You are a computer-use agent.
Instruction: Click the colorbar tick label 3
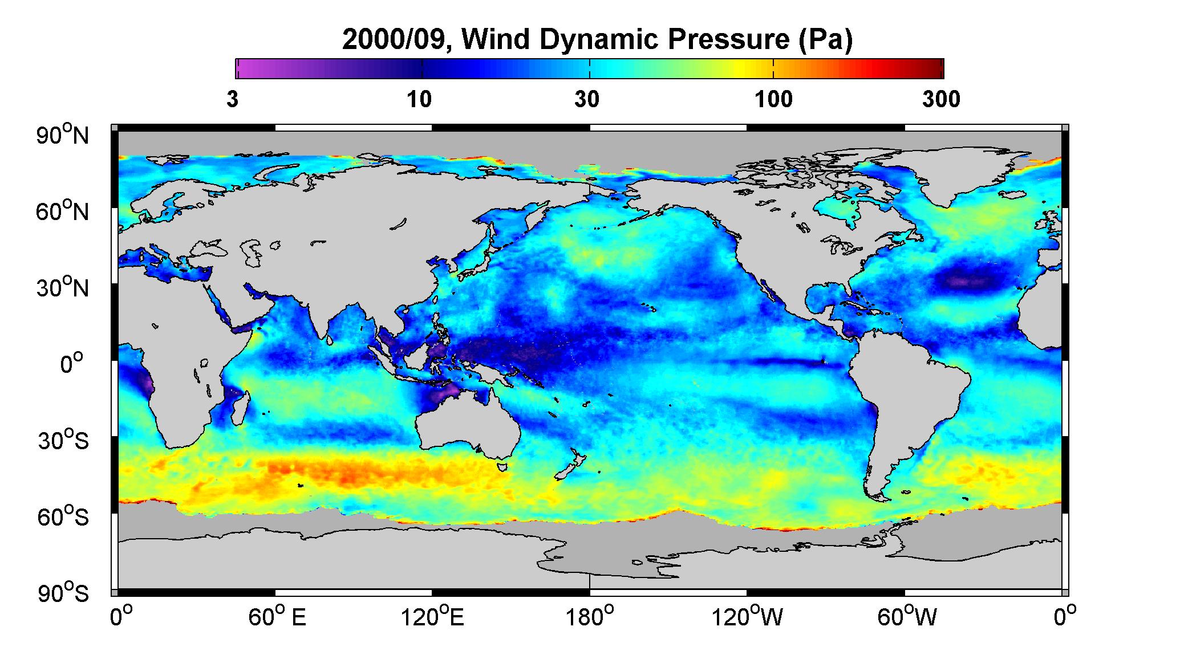point(232,99)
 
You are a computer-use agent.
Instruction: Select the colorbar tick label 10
point(419,99)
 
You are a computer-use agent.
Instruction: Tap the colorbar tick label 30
point(587,99)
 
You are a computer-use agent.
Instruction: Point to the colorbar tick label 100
point(773,99)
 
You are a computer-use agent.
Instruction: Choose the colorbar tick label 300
point(941,99)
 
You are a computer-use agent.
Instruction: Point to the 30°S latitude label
point(63,440)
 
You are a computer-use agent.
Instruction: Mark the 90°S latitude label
point(63,593)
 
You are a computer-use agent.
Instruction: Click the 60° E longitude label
point(277,616)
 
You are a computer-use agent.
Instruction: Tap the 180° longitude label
point(589,616)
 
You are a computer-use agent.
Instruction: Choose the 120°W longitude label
point(747,616)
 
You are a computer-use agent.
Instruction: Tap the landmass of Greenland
point(958,174)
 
